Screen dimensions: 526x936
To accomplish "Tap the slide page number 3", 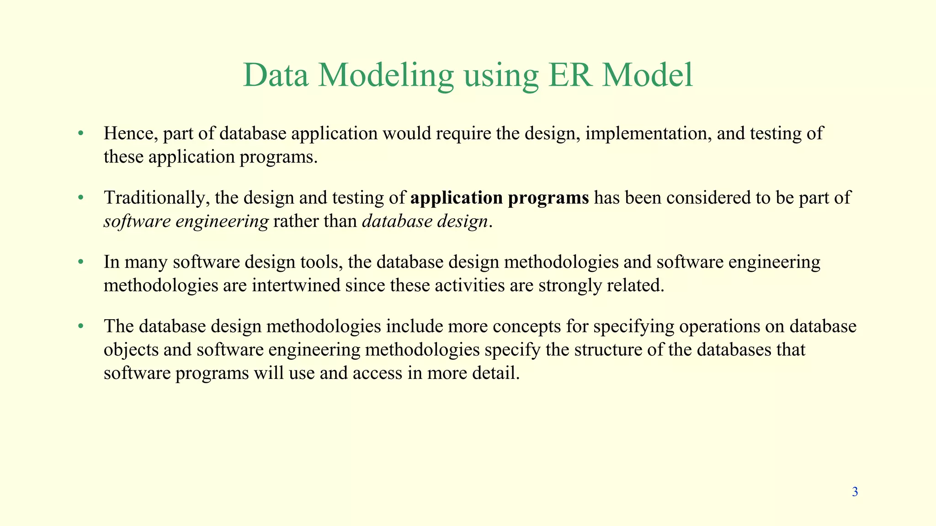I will click(x=855, y=492).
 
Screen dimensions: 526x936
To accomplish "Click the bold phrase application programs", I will click(x=500, y=198).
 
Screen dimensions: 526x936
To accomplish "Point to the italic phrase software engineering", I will click(x=186, y=222).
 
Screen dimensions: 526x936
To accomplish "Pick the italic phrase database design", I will click(x=425, y=221).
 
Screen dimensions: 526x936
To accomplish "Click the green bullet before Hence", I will click(x=80, y=133).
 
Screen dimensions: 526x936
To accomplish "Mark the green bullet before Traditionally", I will click(x=80, y=198).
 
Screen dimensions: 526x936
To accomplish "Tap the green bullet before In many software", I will click(x=80, y=262).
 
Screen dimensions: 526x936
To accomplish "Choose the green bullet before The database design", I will click(x=80, y=326).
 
